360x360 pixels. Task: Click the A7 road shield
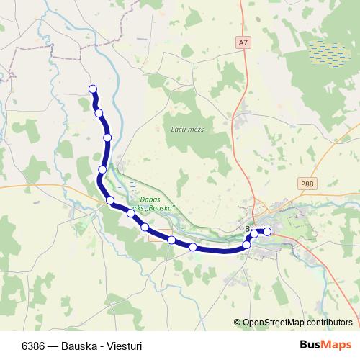[243, 43]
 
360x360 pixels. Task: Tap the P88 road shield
[307, 184]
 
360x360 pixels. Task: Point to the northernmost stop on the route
[92, 89]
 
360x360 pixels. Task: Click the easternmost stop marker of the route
[267, 231]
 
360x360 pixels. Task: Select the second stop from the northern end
[99, 112]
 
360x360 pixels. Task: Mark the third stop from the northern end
[107, 137]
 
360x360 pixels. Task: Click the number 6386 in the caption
[34, 346]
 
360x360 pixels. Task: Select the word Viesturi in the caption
[124, 346]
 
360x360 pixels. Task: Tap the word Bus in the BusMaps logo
[310, 346]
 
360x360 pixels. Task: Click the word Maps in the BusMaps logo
[336, 346]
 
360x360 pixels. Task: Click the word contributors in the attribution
[330, 323]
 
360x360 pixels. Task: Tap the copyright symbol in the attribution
[238, 323]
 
